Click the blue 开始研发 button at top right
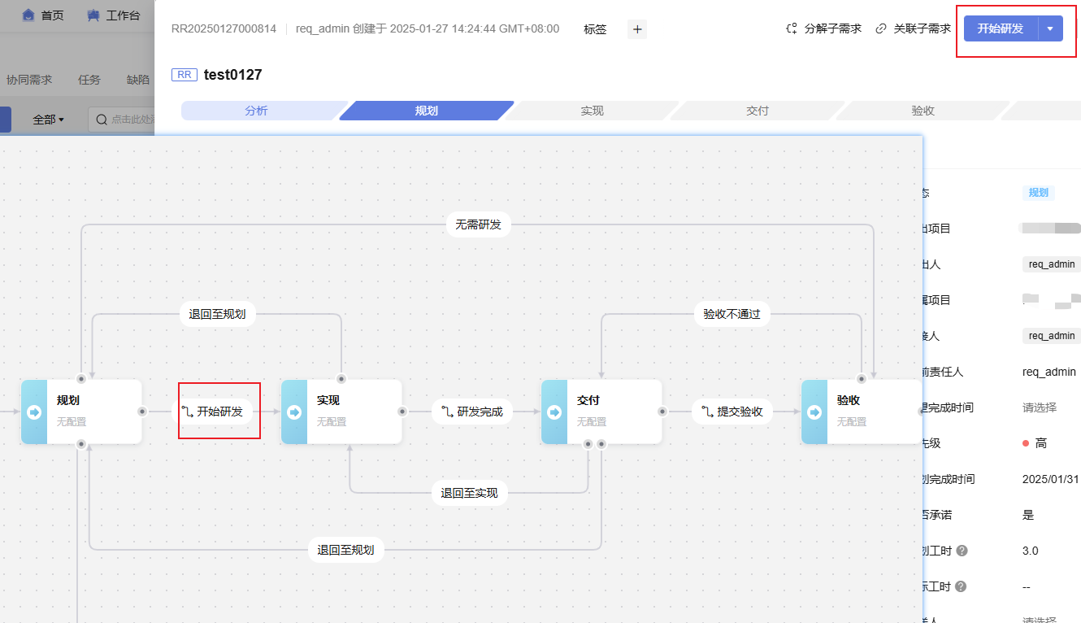pos(1001,28)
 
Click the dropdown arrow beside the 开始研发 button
pos(1050,28)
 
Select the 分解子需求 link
pos(823,28)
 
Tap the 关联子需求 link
pos(913,28)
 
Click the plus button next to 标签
pos(637,29)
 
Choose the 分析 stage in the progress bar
pos(256,111)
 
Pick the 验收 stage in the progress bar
pos(923,111)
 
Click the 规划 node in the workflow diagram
pos(81,412)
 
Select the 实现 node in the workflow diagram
pos(341,412)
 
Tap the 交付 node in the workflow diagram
pos(601,412)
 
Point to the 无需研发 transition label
pos(478,224)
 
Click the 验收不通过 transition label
pos(732,314)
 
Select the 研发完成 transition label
pos(472,412)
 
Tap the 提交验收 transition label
pos(732,412)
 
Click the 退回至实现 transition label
pos(470,493)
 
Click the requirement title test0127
pos(232,75)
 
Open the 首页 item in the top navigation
pos(43,15)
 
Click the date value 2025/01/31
pos(1050,479)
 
